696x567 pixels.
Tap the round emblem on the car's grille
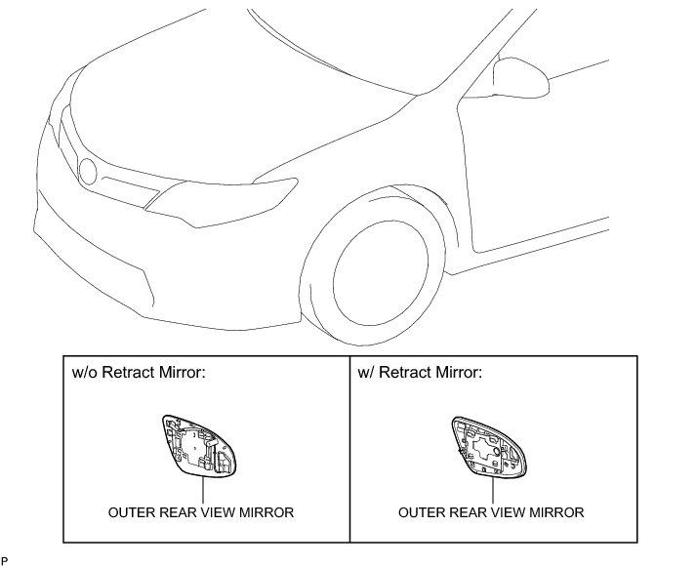[90, 172]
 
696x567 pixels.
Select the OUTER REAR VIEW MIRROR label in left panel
[202, 512]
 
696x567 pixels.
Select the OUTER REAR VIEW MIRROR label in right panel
[491, 512]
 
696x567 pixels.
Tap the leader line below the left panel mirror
[204, 488]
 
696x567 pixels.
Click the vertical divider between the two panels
[349, 448]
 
